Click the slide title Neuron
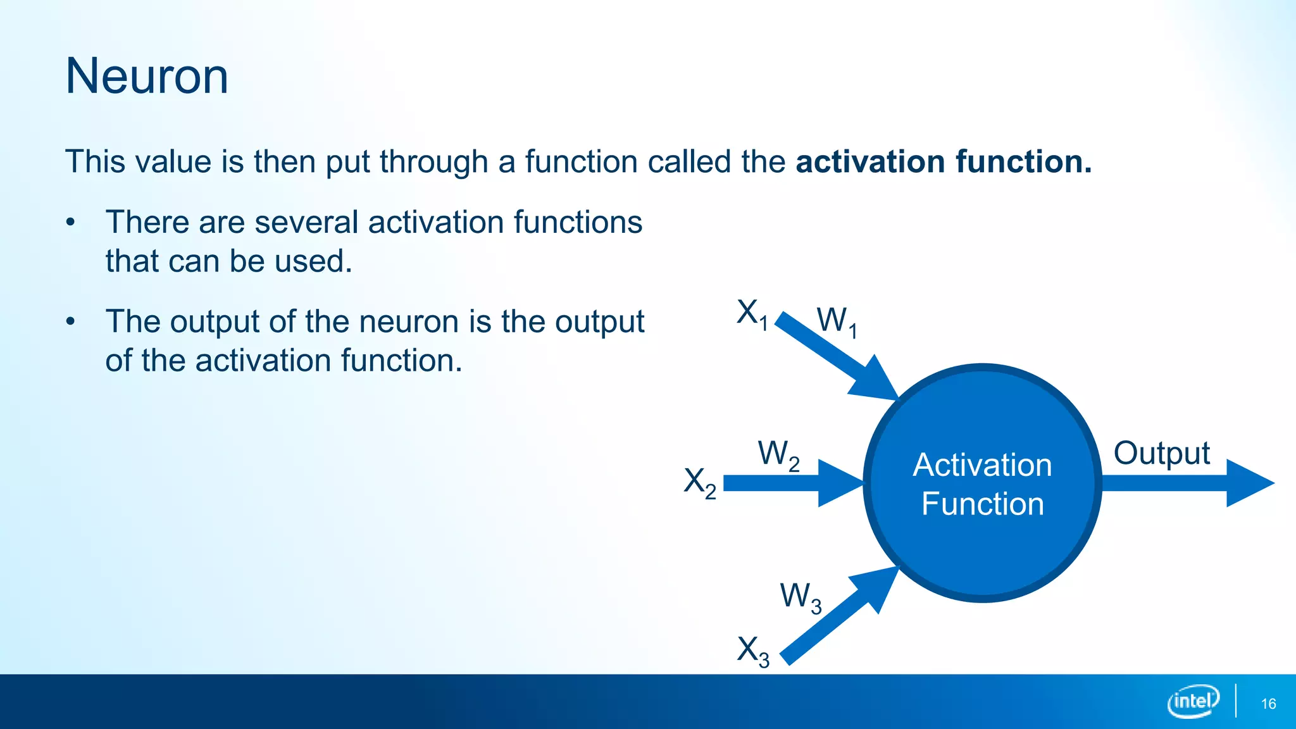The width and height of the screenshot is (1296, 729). (x=147, y=76)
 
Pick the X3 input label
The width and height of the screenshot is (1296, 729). (x=753, y=651)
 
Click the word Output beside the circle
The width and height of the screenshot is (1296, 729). (x=1161, y=454)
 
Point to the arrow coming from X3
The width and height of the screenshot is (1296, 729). (x=835, y=617)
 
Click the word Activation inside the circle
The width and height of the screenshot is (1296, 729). (x=982, y=465)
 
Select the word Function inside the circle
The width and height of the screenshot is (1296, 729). (x=982, y=504)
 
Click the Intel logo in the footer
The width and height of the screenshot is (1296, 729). (x=1192, y=701)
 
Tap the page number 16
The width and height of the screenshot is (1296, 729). (x=1268, y=704)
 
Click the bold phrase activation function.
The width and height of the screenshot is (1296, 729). (x=943, y=161)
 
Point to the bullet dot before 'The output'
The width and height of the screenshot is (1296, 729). (x=71, y=322)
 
